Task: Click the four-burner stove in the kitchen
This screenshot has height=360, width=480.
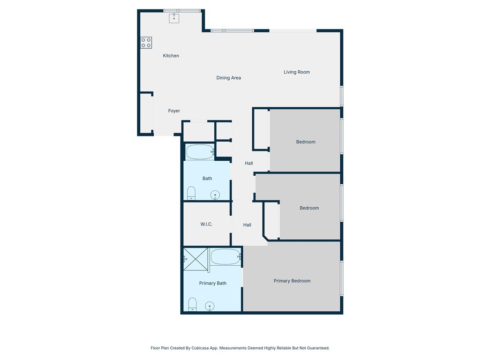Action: tap(146, 43)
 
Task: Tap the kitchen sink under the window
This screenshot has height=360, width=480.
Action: tap(174, 18)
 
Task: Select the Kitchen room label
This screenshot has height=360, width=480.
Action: tap(171, 56)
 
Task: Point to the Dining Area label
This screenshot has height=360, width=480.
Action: tap(229, 78)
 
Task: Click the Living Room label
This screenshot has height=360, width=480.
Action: tap(297, 72)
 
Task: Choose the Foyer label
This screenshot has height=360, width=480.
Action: tap(174, 111)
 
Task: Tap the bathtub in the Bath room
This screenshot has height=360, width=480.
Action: tap(199, 151)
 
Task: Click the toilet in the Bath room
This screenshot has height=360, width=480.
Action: tap(191, 193)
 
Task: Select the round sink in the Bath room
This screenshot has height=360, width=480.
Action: tap(215, 195)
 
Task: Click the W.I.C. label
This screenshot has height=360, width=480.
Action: tap(206, 225)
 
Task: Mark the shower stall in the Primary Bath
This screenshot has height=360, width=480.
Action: tap(195, 259)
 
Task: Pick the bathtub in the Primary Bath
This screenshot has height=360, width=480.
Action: tap(225, 257)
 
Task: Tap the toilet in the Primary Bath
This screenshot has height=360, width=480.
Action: tap(192, 304)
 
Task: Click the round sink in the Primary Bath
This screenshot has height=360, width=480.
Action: tap(210, 307)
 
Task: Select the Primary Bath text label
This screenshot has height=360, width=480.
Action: tap(213, 283)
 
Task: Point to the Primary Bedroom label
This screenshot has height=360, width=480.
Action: tap(292, 281)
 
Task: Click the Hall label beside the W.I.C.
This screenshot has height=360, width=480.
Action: tap(247, 225)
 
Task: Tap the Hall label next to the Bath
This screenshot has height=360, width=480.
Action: tap(249, 163)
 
